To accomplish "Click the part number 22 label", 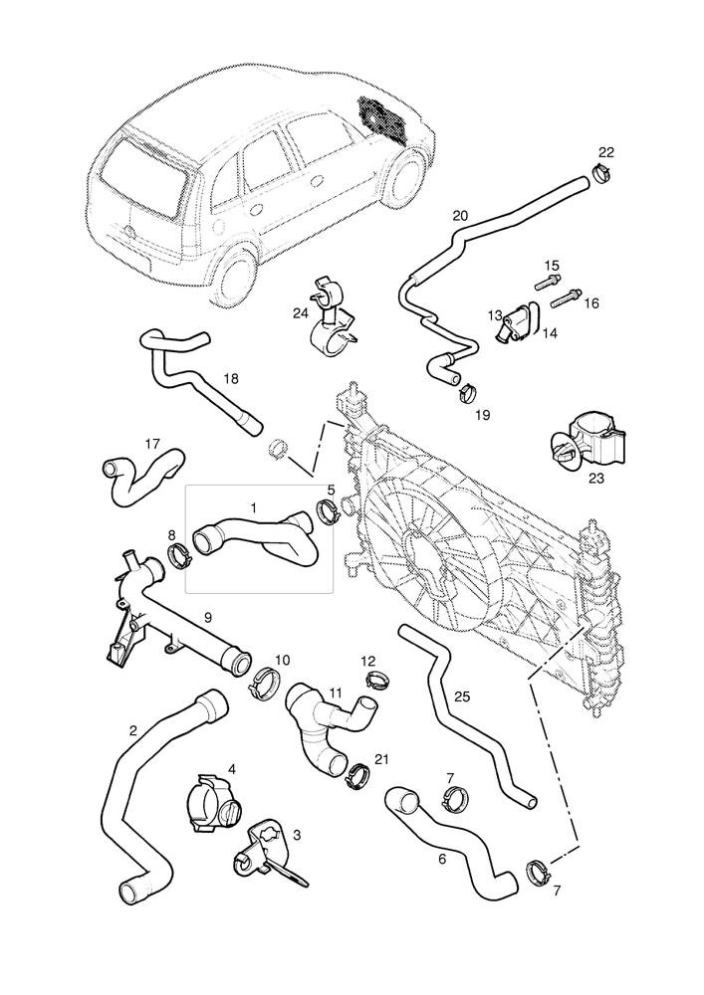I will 605,152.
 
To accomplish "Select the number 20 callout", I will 459,215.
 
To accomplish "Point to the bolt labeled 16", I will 565,297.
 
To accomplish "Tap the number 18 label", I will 231,378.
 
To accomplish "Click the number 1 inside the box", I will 253,507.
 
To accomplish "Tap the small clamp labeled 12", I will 375,681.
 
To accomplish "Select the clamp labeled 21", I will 355,772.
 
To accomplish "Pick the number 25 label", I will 460,696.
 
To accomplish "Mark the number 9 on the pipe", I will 208,618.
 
